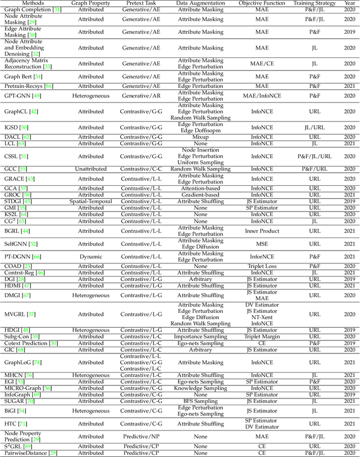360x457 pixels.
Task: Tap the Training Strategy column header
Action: tap(314, 3)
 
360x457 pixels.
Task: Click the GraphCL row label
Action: tap(19, 112)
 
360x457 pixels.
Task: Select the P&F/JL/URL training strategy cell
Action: tap(314, 156)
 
